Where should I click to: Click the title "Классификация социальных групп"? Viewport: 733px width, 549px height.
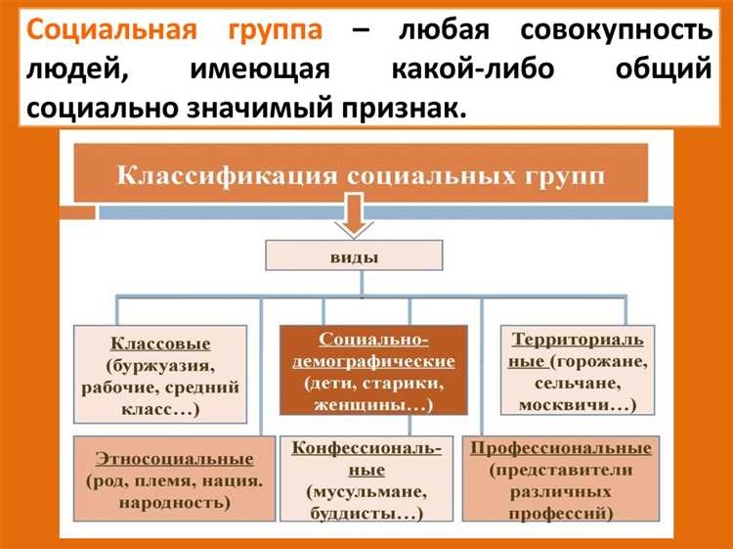[x=361, y=176]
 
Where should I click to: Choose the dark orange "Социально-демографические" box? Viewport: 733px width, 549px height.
[x=372, y=371]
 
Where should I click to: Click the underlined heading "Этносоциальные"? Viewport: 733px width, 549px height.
[x=174, y=458]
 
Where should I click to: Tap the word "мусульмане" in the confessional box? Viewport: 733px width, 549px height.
[x=366, y=490]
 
